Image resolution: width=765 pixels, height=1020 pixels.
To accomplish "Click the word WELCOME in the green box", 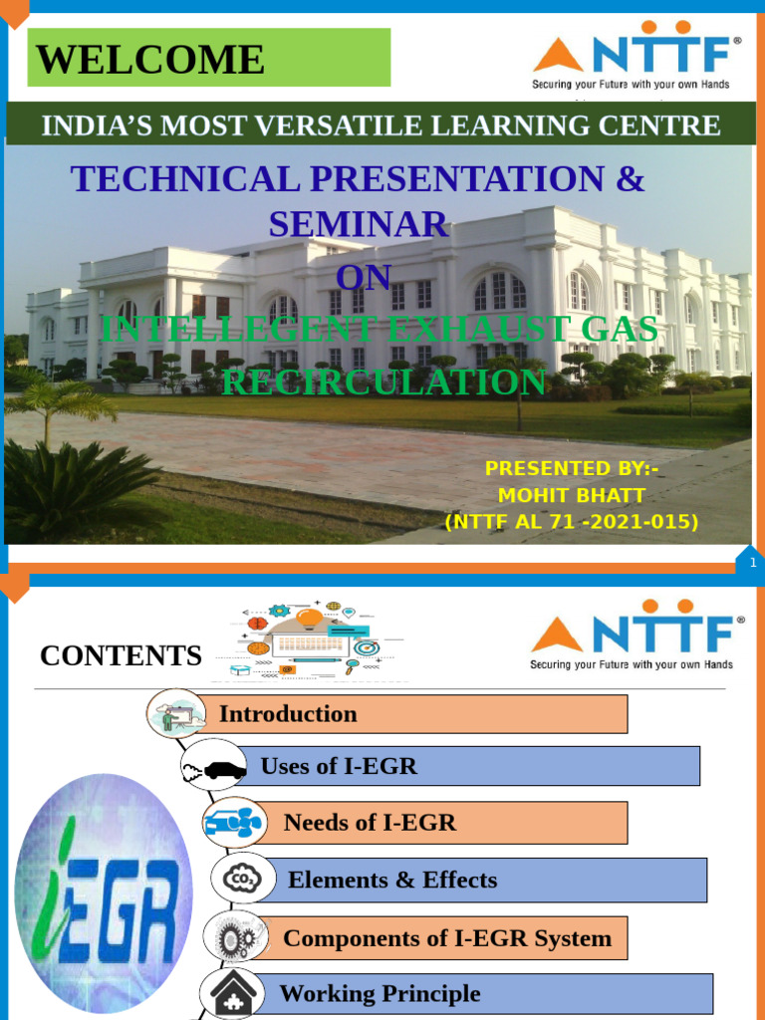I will [x=151, y=60].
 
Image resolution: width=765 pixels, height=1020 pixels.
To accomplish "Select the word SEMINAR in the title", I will [x=359, y=225].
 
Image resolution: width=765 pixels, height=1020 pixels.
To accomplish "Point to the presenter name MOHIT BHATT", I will [x=571, y=495].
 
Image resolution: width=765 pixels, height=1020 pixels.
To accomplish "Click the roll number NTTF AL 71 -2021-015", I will [x=571, y=522].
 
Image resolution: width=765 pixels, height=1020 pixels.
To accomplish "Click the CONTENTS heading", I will [x=121, y=655].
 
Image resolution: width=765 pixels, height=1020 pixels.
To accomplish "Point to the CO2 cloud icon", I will [x=241, y=879].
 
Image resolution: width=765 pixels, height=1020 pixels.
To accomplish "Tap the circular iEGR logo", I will [x=104, y=892].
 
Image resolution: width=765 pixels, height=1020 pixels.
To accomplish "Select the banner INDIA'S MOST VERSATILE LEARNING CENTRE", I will [x=380, y=126].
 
